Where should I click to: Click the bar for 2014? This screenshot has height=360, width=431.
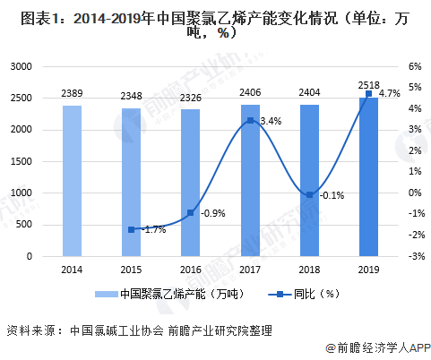point(73,181)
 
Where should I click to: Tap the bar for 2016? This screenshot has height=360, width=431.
point(191,183)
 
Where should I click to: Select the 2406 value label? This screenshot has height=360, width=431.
point(250,93)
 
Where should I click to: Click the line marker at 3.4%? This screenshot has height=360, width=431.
point(250,120)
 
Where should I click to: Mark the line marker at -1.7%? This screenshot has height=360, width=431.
point(132,229)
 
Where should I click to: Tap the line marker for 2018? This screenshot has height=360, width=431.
point(309,194)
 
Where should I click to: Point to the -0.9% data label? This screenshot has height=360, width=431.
point(212,213)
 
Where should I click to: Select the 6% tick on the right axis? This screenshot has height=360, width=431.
point(413,67)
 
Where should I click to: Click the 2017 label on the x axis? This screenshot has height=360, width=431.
point(250,269)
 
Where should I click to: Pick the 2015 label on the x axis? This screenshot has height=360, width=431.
point(132,269)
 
